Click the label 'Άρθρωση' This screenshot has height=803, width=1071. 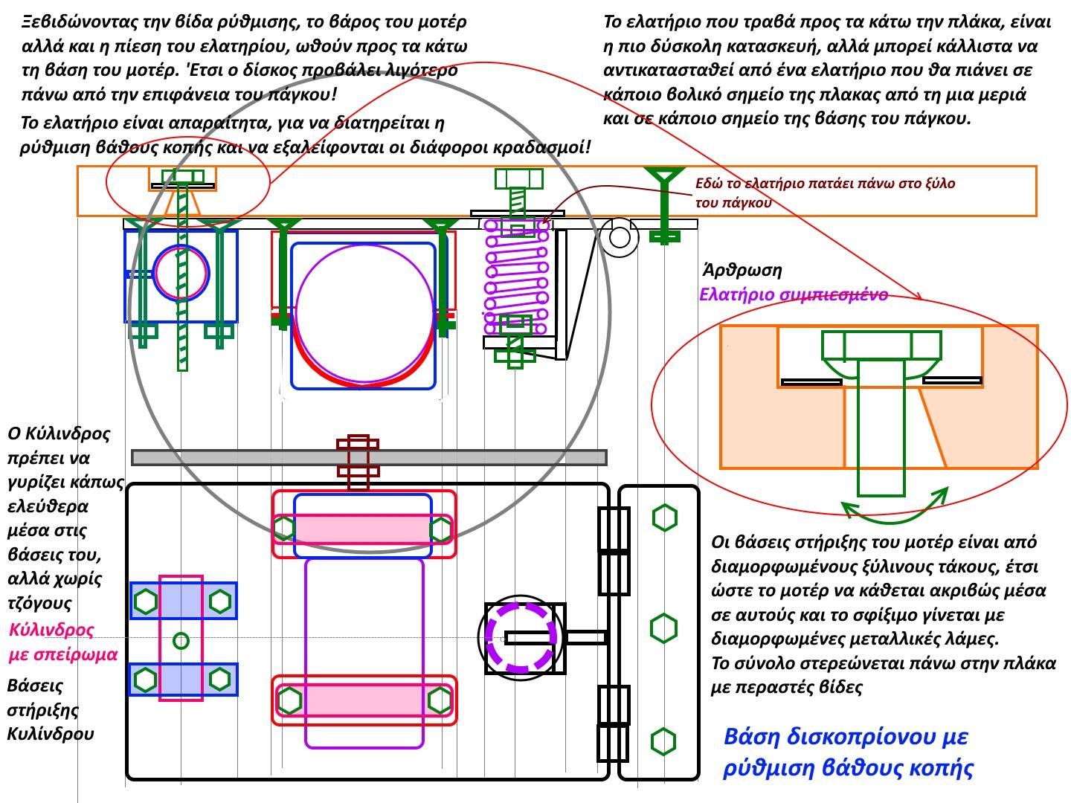[742, 270]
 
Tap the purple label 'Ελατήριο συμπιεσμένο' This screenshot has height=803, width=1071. [794, 294]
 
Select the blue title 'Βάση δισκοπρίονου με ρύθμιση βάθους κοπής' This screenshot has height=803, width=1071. [848, 752]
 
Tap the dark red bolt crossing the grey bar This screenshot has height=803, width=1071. [358, 462]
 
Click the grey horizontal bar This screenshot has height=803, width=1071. [369, 457]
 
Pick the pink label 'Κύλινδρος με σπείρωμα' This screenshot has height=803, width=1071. [63, 642]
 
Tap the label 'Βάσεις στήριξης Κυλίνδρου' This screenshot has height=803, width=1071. [51, 709]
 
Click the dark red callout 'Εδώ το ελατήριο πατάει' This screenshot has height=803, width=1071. [825, 193]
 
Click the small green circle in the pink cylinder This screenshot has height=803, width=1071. [181, 640]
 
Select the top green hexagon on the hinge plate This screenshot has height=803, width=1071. [665, 517]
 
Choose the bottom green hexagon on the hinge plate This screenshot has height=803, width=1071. [663, 741]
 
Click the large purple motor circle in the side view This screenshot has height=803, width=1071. [364, 314]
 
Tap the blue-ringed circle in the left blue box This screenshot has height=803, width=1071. [181, 273]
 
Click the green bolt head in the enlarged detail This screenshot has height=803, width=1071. [881, 346]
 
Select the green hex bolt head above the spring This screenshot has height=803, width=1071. [518, 178]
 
